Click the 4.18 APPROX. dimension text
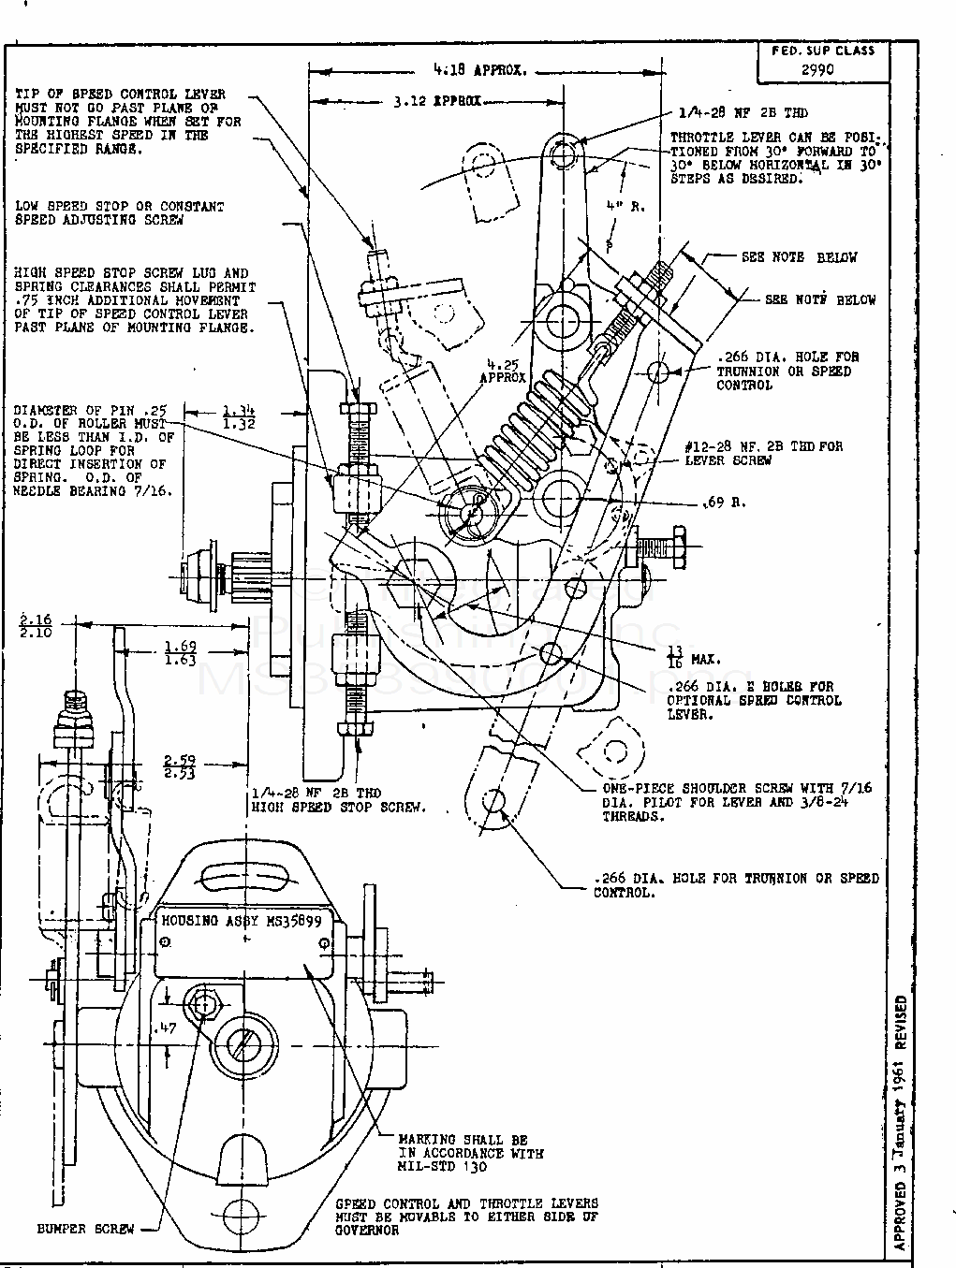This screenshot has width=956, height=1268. coord(480,69)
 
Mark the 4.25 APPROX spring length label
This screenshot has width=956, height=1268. coord(503,372)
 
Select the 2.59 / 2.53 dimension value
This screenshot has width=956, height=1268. coord(180,766)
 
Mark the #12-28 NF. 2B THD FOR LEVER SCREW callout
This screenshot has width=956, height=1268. coord(763,453)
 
